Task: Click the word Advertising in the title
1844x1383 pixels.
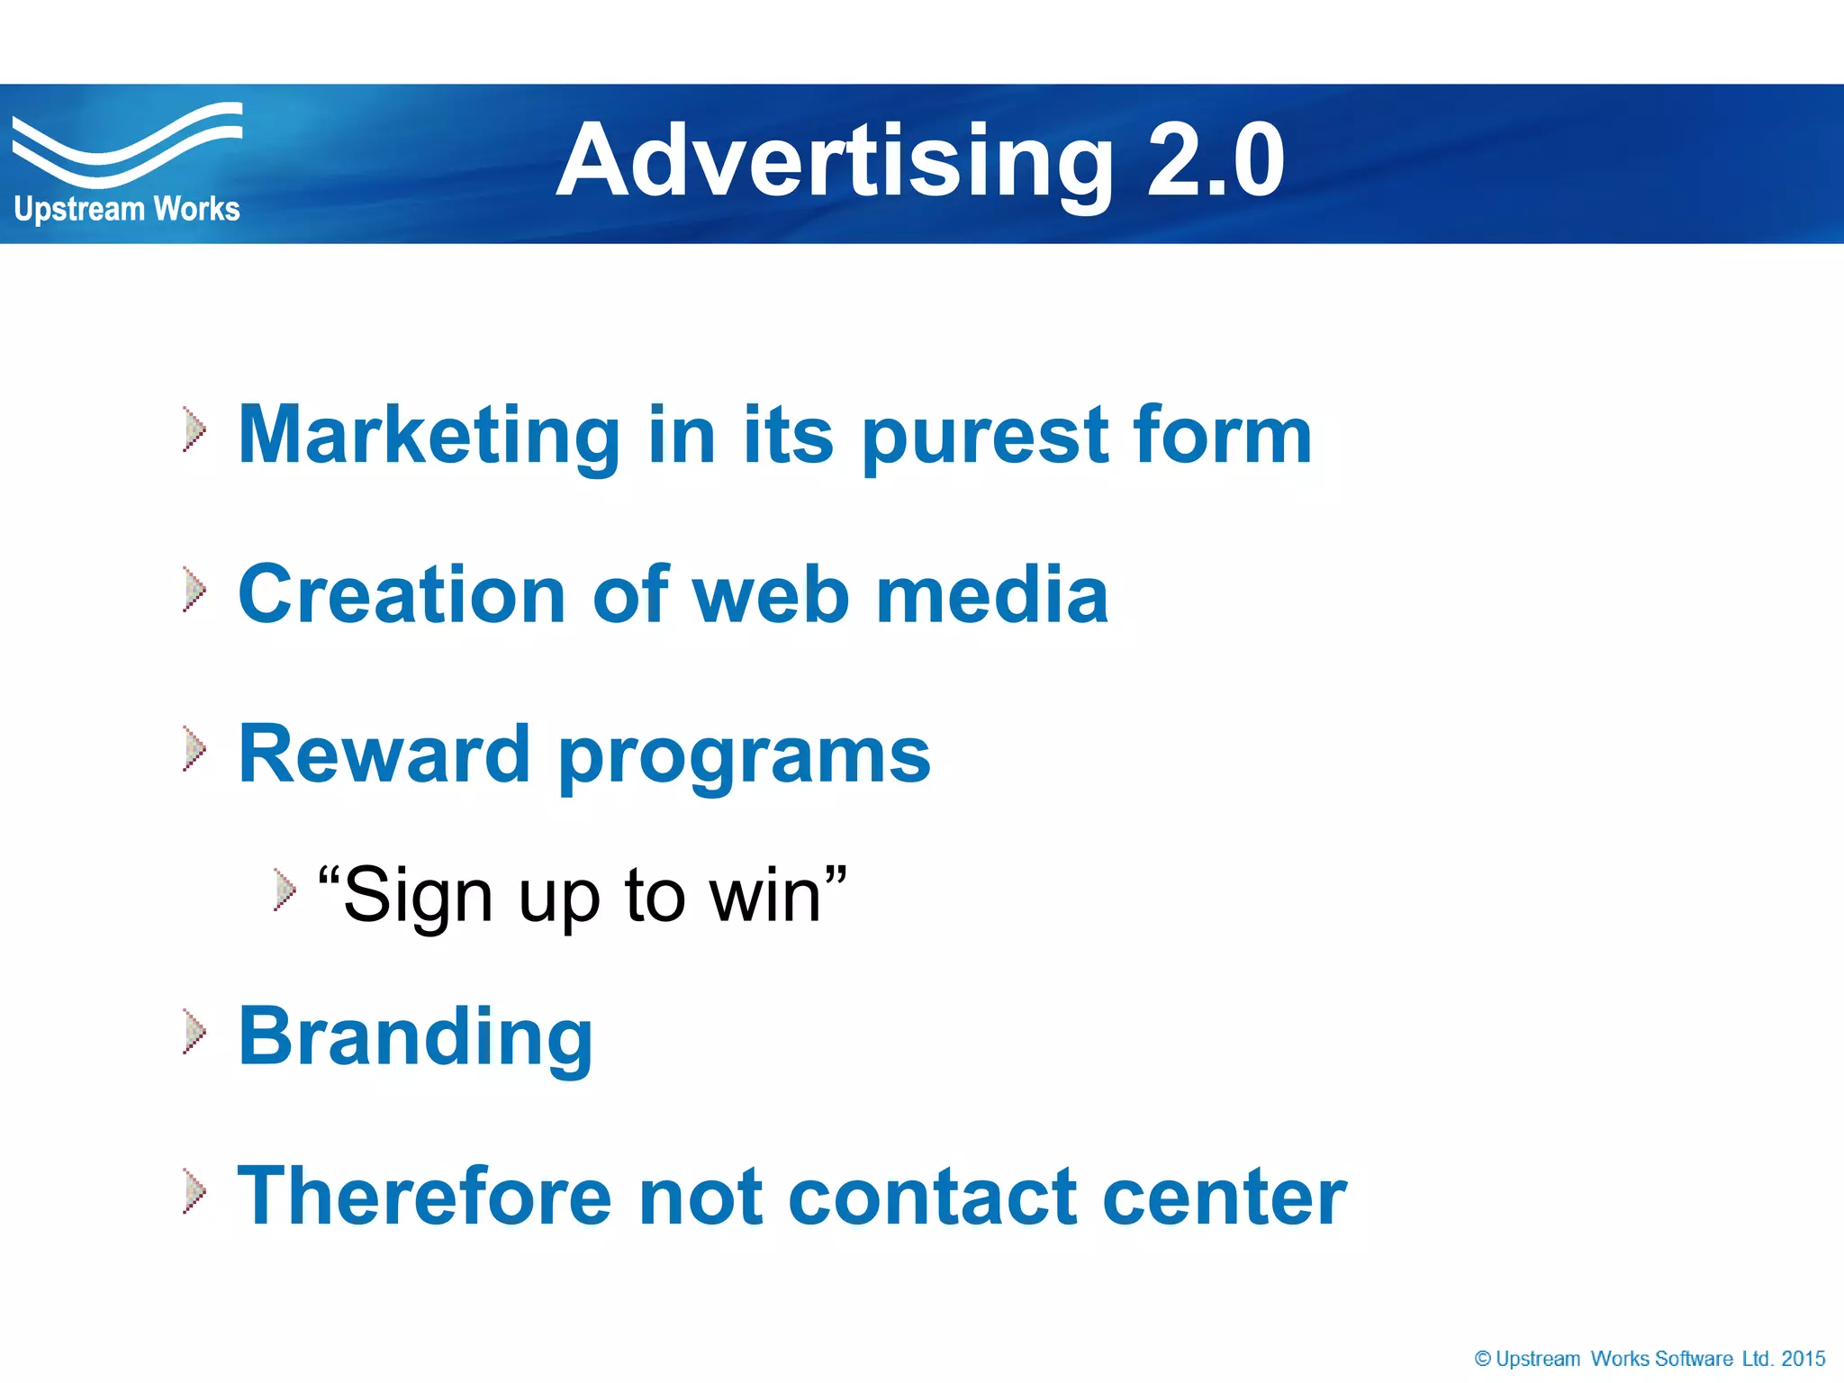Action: (834, 162)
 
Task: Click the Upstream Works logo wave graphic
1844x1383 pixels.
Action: (126, 144)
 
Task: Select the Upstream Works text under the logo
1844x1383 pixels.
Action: (127, 210)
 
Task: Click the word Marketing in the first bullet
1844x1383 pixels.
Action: (429, 436)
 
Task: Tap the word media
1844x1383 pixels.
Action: (991, 594)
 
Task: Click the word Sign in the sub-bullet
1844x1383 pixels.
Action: (418, 897)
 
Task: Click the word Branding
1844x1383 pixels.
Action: (415, 1037)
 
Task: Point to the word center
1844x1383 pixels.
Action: (1224, 1198)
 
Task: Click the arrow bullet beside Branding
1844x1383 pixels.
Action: (194, 1032)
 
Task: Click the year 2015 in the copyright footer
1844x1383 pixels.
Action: (1803, 1359)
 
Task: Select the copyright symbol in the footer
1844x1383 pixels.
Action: (1482, 1359)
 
